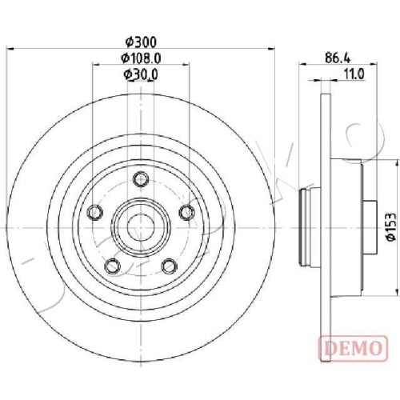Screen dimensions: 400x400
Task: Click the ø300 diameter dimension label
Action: coord(141,42)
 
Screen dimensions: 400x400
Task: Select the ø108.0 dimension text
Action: coord(141,58)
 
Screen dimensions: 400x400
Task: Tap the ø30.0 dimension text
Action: coord(141,74)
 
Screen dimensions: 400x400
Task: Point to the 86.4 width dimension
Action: coord(338,58)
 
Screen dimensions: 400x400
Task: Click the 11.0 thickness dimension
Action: coord(354,74)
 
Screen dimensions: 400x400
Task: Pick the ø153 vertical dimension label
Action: coord(392,226)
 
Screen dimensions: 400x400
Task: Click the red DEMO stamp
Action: coord(354,348)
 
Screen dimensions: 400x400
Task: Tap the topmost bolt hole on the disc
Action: coord(141,179)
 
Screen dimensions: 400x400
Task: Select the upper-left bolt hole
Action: coord(95,213)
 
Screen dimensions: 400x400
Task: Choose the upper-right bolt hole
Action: coord(186,213)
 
